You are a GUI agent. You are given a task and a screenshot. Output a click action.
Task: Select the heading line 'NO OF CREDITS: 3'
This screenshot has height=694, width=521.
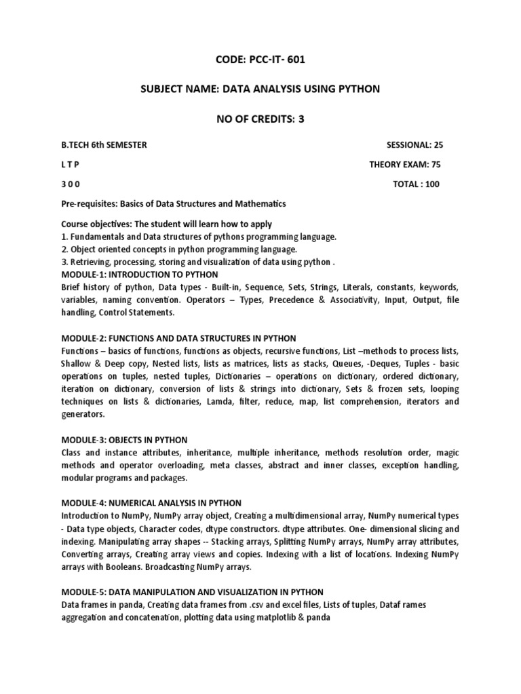pyautogui.click(x=260, y=119)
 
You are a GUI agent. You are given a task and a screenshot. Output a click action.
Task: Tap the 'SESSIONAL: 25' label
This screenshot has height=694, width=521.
pyautogui.click(x=415, y=145)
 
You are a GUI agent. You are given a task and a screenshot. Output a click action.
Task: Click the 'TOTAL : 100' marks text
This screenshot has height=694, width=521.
pyautogui.click(x=416, y=184)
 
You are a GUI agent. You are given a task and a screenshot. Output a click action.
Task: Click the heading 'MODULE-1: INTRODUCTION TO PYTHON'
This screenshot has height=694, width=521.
pyautogui.click(x=140, y=274)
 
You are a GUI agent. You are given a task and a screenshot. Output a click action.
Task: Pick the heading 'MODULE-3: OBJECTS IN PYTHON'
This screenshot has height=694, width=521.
pyautogui.click(x=124, y=440)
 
